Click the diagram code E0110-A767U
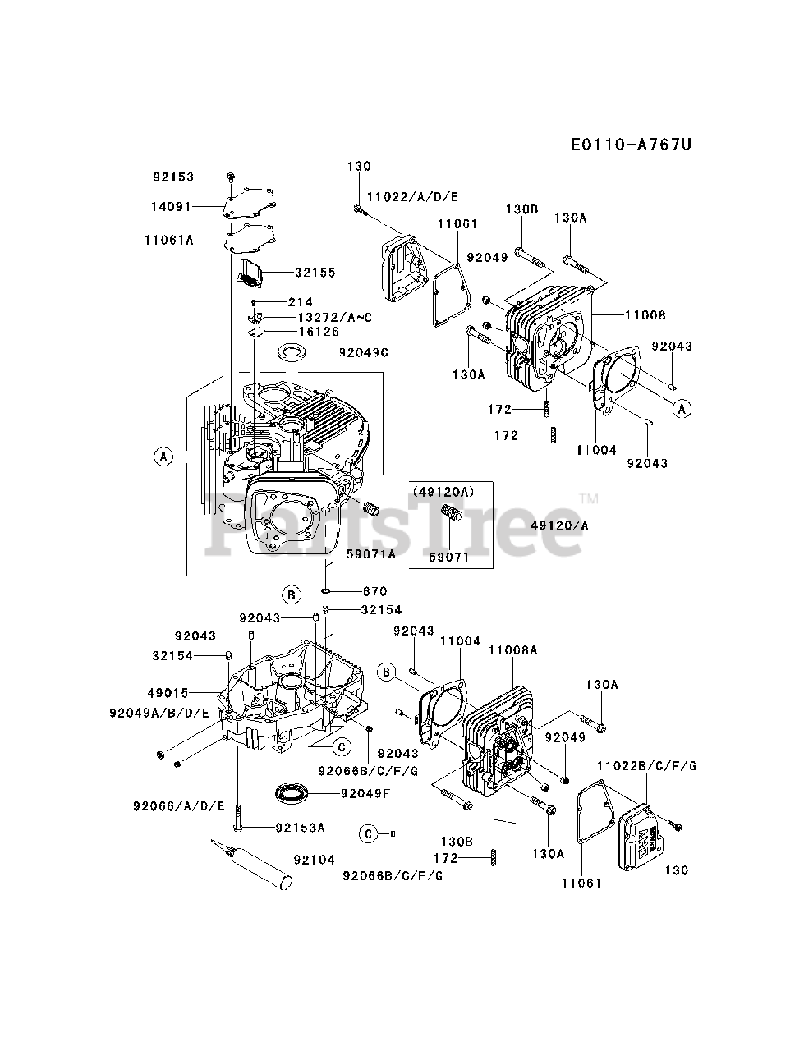tap(631, 145)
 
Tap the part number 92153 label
tap(173, 177)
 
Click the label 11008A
tap(512, 649)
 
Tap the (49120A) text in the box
tap(444, 492)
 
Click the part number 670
tap(374, 591)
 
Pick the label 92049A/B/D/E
tap(159, 713)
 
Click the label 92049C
tap(361, 353)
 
